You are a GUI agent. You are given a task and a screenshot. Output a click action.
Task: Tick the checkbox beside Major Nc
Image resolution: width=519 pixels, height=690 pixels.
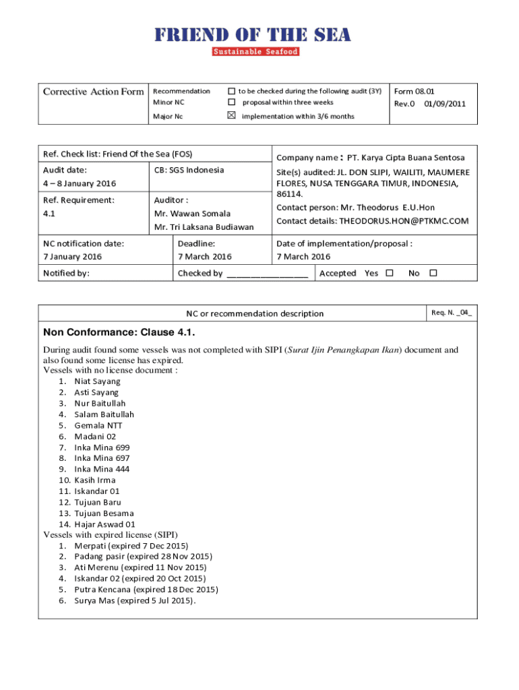(x=232, y=116)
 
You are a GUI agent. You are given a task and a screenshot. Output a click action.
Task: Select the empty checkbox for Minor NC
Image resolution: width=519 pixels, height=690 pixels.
(x=232, y=102)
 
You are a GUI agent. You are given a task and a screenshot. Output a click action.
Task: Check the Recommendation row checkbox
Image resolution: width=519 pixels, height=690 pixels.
(x=232, y=91)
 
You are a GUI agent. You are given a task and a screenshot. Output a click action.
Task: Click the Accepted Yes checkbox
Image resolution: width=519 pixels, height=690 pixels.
(x=389, y=273)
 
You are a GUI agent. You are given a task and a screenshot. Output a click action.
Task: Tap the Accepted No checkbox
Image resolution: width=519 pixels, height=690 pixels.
(x=433, y=273)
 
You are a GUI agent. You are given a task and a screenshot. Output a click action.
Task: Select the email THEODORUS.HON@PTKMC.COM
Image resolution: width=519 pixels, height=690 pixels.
(x=403, y=220)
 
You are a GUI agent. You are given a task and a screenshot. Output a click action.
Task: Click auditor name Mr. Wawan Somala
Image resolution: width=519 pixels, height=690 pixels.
(x=192, y=214)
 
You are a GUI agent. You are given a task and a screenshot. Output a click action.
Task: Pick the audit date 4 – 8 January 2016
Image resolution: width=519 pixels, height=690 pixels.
(x=80, y=184)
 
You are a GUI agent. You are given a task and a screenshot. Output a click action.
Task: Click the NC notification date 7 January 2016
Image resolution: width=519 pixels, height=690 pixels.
(x=72, y=257)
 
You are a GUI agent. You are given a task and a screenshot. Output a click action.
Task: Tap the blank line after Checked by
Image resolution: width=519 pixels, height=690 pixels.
(x=268, y=274)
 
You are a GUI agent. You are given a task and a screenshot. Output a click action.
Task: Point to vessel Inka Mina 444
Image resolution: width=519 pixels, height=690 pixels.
(x=102, y=469)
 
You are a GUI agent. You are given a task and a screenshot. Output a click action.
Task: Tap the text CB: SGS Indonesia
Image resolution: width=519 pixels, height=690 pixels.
(x=189, y=170)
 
